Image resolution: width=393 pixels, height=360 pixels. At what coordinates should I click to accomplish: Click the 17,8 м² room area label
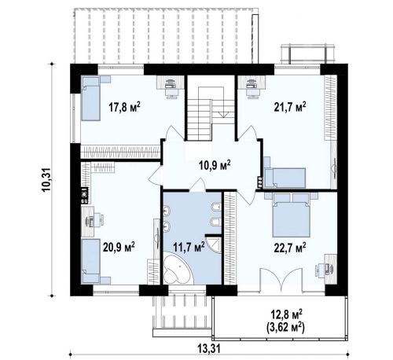(124, 107)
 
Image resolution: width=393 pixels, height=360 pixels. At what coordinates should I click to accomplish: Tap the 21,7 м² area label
(290, 107)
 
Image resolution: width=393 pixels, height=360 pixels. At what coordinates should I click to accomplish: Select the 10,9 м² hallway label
(215, 165)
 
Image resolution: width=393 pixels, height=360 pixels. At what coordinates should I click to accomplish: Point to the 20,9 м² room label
(119, 247)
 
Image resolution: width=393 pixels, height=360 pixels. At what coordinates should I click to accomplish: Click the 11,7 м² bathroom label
(189, 247)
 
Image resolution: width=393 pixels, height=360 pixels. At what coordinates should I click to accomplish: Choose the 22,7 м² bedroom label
(290, 247)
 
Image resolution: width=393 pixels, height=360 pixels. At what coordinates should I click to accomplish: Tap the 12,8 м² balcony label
(286, 314)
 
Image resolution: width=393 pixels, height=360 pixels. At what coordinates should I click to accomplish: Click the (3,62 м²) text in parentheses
(285, 327)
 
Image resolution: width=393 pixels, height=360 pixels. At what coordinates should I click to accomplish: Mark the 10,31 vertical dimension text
(47, 180)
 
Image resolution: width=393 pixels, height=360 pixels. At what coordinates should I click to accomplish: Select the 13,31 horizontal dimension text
(209, 349)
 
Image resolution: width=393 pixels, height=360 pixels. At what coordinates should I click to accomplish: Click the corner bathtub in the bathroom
(178, 269)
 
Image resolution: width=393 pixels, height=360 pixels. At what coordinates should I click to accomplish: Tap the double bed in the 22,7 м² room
(291, 215)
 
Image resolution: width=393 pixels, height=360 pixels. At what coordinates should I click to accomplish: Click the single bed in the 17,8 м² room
(90, 98)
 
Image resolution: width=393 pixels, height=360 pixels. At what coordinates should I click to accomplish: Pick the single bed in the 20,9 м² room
(90, 261)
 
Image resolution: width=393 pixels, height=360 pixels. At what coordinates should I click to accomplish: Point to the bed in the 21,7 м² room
(285, 178)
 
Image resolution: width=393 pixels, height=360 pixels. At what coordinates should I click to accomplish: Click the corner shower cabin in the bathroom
(214, 244)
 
